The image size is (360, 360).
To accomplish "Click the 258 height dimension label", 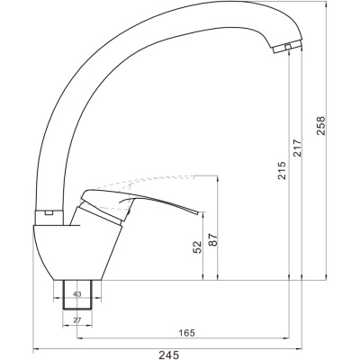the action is click(320, 126).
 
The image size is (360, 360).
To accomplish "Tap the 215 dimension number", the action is click(282, 171).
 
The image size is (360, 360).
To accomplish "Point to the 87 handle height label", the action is click(213, 239).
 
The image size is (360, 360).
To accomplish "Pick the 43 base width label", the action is click(77, 294).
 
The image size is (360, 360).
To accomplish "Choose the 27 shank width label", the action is click(77, 320).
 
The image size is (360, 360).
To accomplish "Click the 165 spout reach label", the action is click(186, 333).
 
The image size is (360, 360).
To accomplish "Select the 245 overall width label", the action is click(168, 355).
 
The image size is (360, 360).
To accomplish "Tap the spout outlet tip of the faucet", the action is click(287, 49).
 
